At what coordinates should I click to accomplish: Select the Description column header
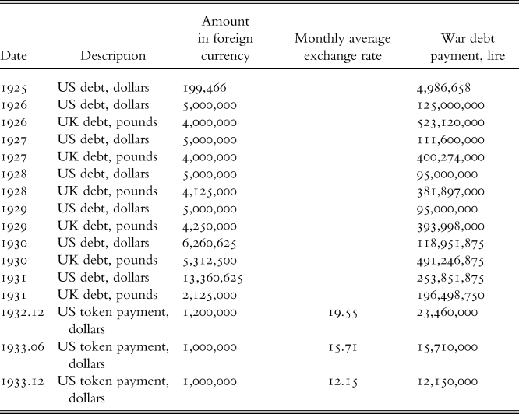pos(113,56)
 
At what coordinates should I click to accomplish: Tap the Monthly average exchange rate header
pos(343,47)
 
